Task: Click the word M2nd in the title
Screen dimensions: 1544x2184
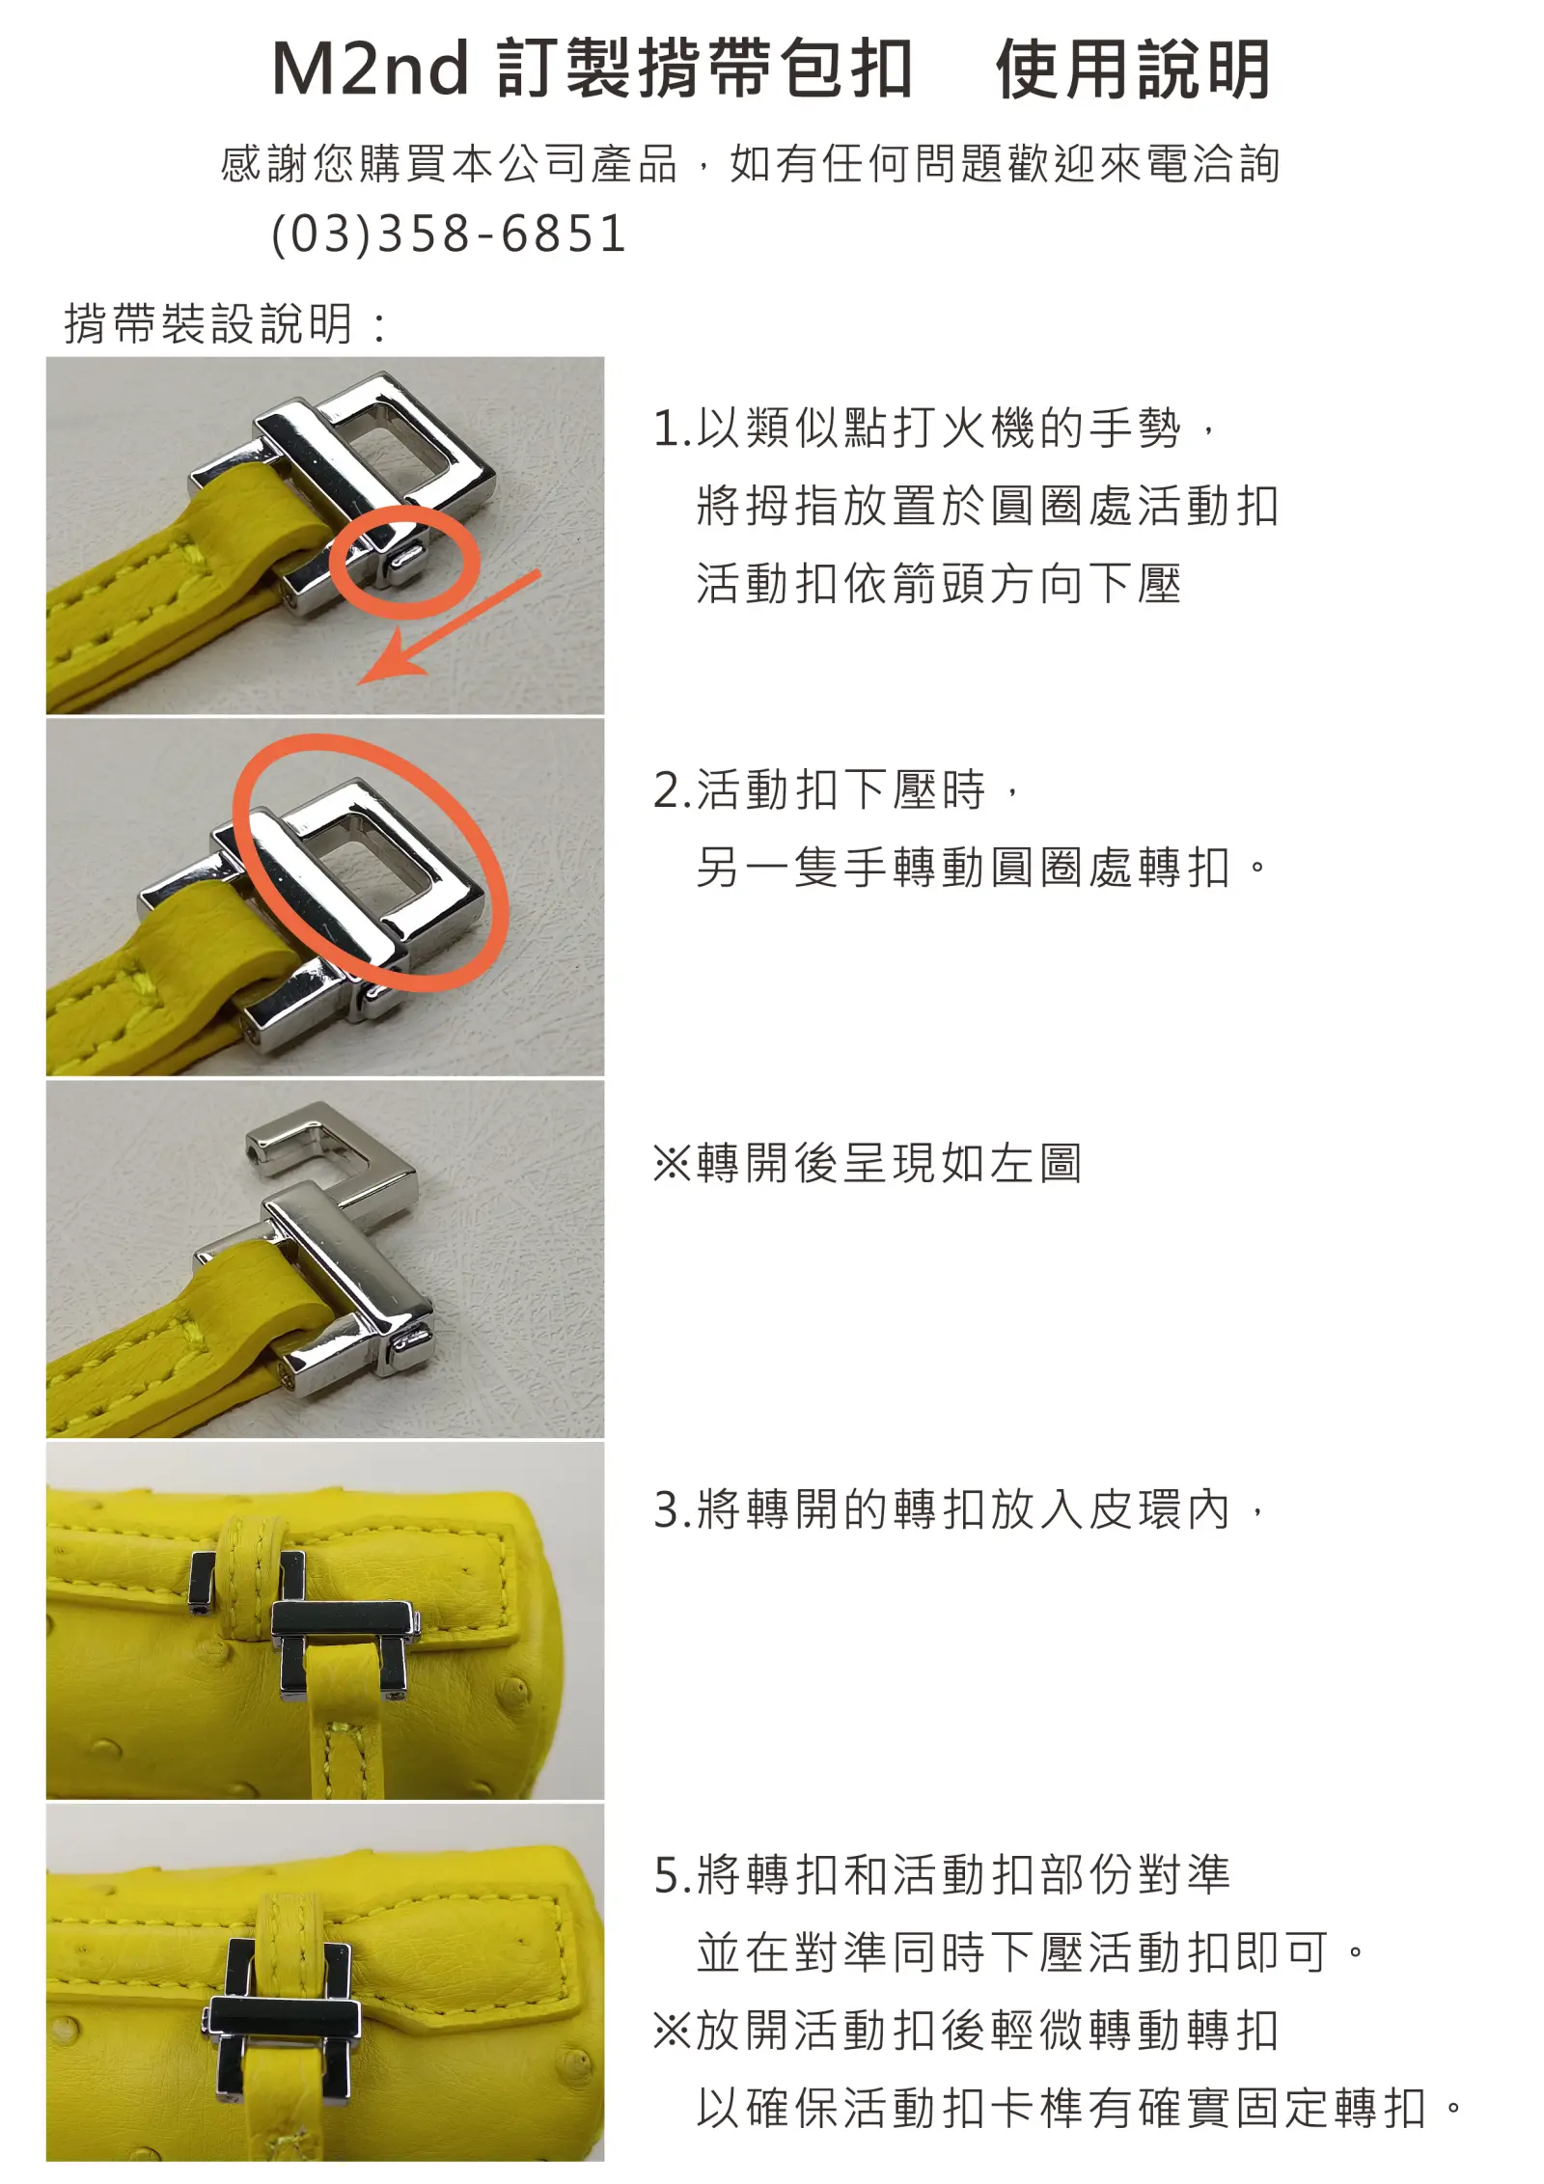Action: coord(371,69)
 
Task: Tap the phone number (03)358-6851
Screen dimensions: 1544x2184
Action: coord(449,234)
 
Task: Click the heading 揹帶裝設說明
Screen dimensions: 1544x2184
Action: coord(208,323)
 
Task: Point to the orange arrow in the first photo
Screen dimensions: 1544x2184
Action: coord(449,627)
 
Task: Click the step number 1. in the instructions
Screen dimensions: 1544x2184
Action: coord(673,429)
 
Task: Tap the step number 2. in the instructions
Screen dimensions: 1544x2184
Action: coord(673,790)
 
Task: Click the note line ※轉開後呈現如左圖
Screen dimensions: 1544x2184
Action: coord(868,1163)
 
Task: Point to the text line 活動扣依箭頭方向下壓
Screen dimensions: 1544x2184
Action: coord(939,584)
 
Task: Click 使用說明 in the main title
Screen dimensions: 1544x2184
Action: coord(1133,69)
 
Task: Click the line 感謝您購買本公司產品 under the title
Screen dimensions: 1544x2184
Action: coord(450,164)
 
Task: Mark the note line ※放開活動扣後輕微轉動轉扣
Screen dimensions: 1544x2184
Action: coord(966,2030)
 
